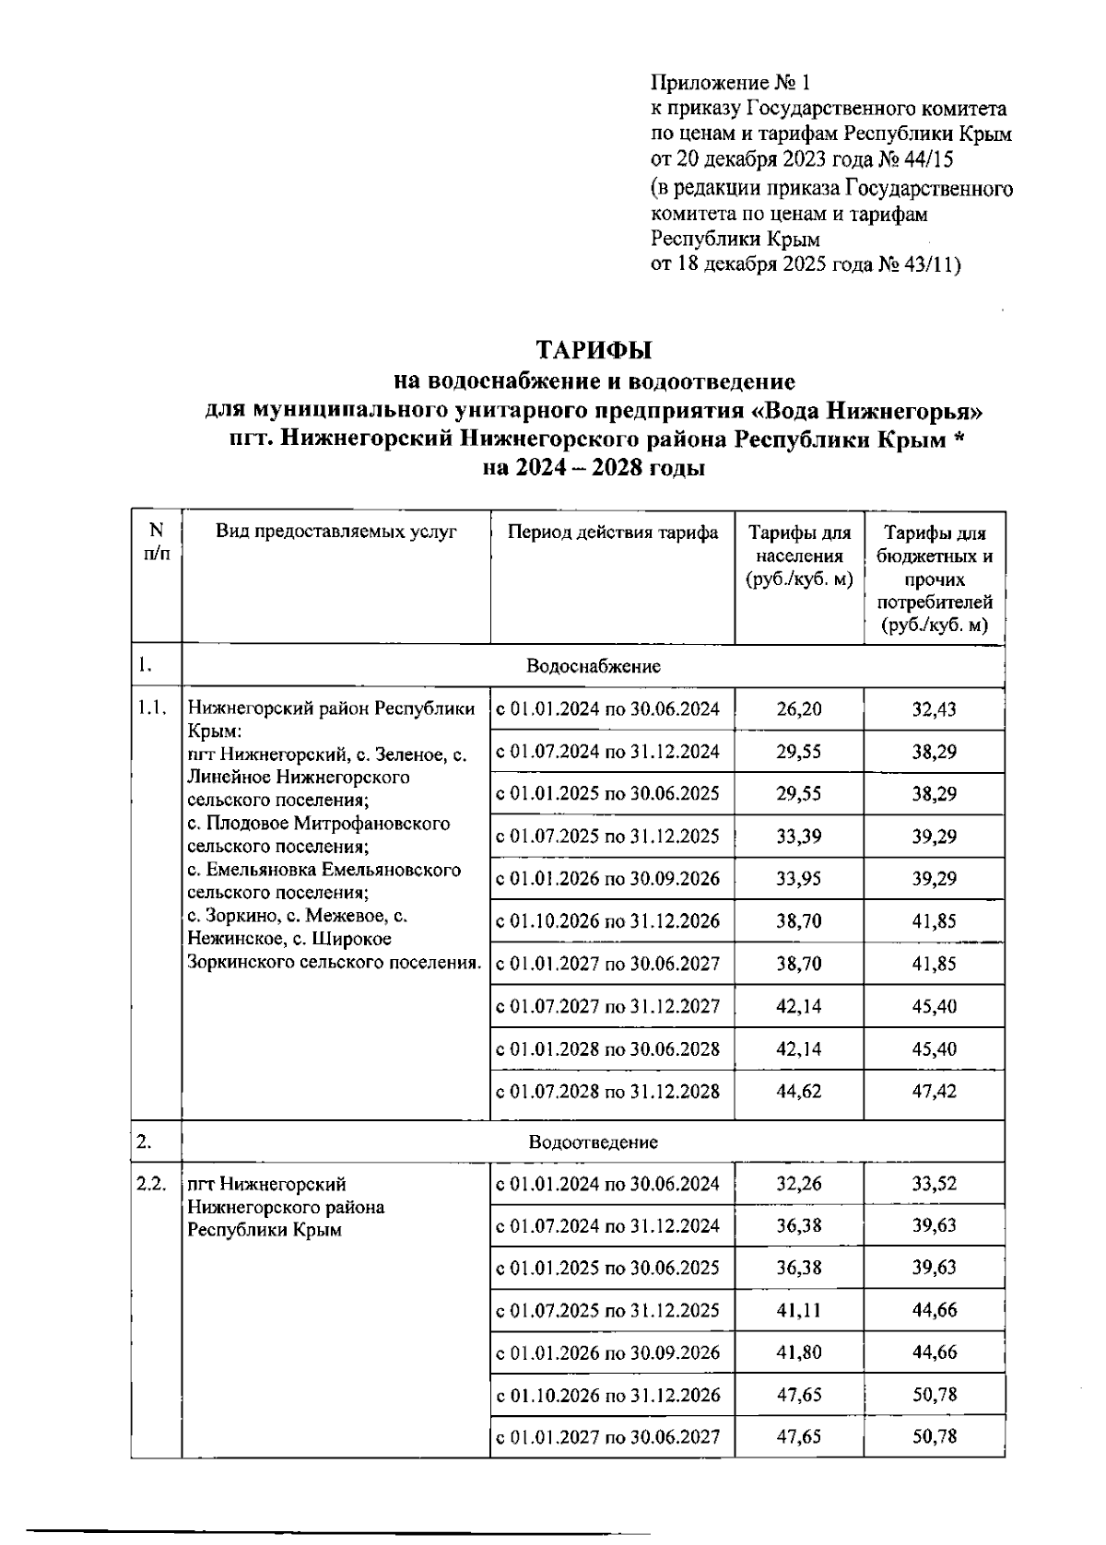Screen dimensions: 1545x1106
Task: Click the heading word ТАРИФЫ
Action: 594,350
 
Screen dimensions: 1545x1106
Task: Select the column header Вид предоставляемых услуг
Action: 336,532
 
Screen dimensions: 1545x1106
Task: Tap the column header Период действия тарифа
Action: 613,532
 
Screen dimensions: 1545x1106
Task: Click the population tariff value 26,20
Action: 798,708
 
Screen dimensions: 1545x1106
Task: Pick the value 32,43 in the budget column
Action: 934,708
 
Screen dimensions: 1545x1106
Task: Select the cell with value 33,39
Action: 798,837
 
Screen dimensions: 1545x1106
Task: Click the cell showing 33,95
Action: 798,878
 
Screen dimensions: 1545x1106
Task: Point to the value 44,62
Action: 798,1091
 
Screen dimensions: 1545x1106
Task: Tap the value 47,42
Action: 934,1091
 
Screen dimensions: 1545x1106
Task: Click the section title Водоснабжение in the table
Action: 594,665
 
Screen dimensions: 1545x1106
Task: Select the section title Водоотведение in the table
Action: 594,1141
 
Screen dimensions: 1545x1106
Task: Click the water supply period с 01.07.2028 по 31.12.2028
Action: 608,1091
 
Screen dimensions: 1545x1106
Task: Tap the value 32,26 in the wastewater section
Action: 798,1184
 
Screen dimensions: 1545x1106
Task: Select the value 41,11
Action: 798,1310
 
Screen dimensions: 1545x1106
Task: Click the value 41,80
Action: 798,1352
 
